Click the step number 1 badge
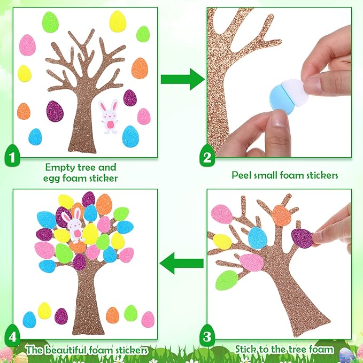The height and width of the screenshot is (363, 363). click(12, 156)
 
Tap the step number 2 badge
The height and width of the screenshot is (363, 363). click(207, 156)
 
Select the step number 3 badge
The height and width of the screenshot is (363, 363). click(207, 335)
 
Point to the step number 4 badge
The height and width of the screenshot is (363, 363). click(12, 335)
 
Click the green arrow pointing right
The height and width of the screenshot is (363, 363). click(183, 79)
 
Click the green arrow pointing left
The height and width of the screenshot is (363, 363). click(182, 263)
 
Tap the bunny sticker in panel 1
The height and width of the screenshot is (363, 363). click(109, 117)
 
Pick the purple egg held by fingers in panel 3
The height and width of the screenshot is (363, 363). click(302, 238)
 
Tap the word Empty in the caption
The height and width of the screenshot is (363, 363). click(57, 167)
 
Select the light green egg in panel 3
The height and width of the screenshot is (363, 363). click(227, 280)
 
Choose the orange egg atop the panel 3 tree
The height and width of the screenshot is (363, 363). click(281, 216)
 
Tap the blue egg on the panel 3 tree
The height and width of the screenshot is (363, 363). click(258, 238)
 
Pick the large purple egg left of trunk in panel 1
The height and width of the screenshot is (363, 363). click(55, 111)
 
